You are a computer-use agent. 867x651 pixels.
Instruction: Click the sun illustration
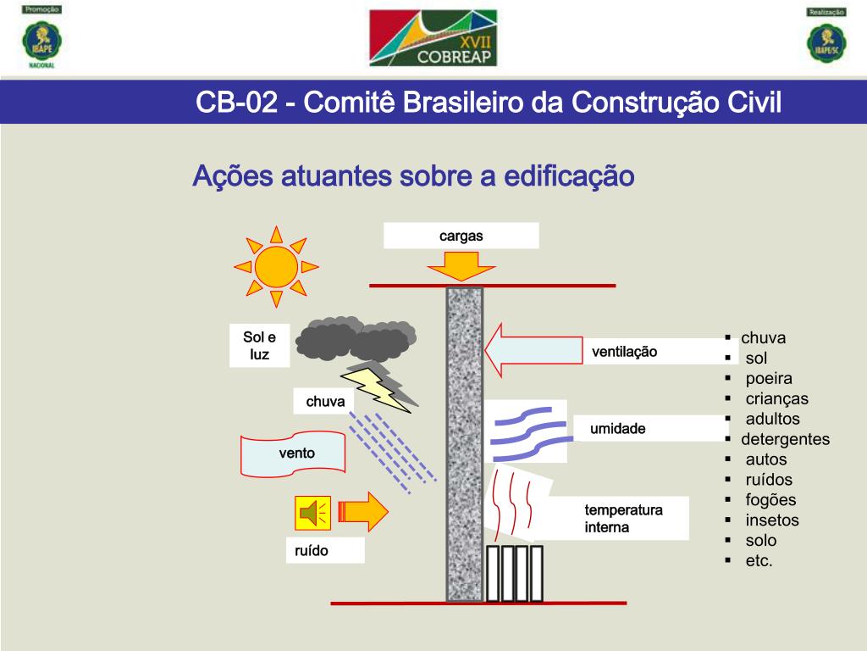(276, 266)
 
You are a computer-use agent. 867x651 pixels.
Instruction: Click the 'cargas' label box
(461, 236)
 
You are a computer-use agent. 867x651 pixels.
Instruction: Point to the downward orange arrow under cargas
(461, 268)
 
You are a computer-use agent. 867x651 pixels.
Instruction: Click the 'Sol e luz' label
(259, 346)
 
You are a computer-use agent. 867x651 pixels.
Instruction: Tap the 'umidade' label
(618, 429)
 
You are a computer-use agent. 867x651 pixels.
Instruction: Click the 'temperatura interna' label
(623, 519)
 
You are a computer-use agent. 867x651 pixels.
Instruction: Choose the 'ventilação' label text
(624, 351)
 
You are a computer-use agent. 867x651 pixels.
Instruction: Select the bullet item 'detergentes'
(785, 439)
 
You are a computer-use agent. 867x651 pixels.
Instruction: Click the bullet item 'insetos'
(771, 520)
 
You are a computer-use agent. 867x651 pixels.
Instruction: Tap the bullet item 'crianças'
(776, 398)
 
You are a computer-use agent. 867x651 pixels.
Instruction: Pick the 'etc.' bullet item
(759, 561)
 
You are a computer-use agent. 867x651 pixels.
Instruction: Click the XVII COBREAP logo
(433, 38)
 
